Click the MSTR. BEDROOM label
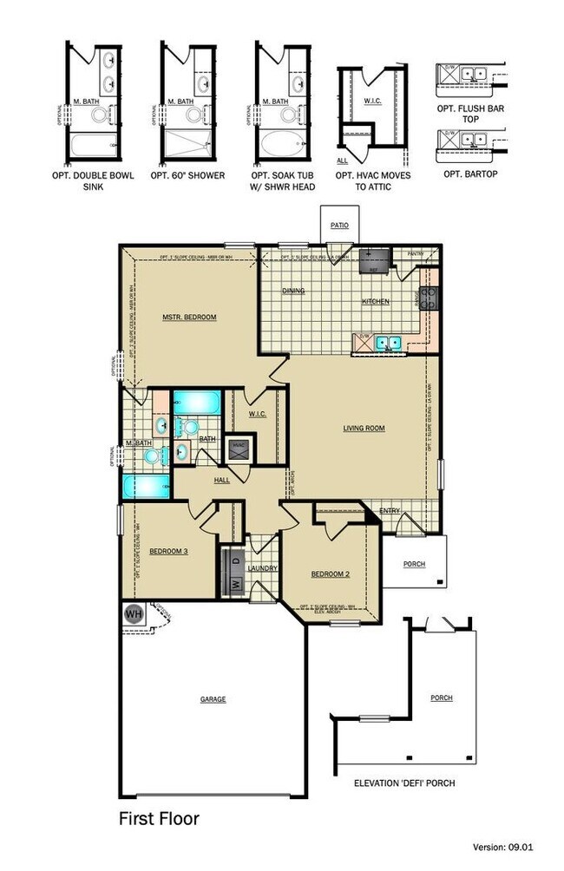point(189,318)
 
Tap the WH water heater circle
point(134,613)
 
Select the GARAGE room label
point(213,699)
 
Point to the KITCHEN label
point(376,302)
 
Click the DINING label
point(293,291)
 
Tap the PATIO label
point(339,226)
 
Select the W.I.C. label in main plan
point(257,414)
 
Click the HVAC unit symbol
point(239,449)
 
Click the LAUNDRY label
point(262,569)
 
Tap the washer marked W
point(233,585)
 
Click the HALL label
point(222,479)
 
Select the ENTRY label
point(390,511)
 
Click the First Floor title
point(160,819)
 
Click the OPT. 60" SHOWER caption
point(187,176)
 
